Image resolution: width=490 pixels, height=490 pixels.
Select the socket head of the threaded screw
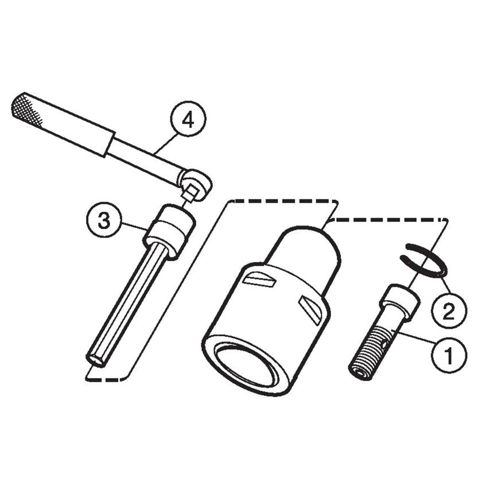point(399,300)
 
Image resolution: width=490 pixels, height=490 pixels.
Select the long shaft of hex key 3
point(129,301)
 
